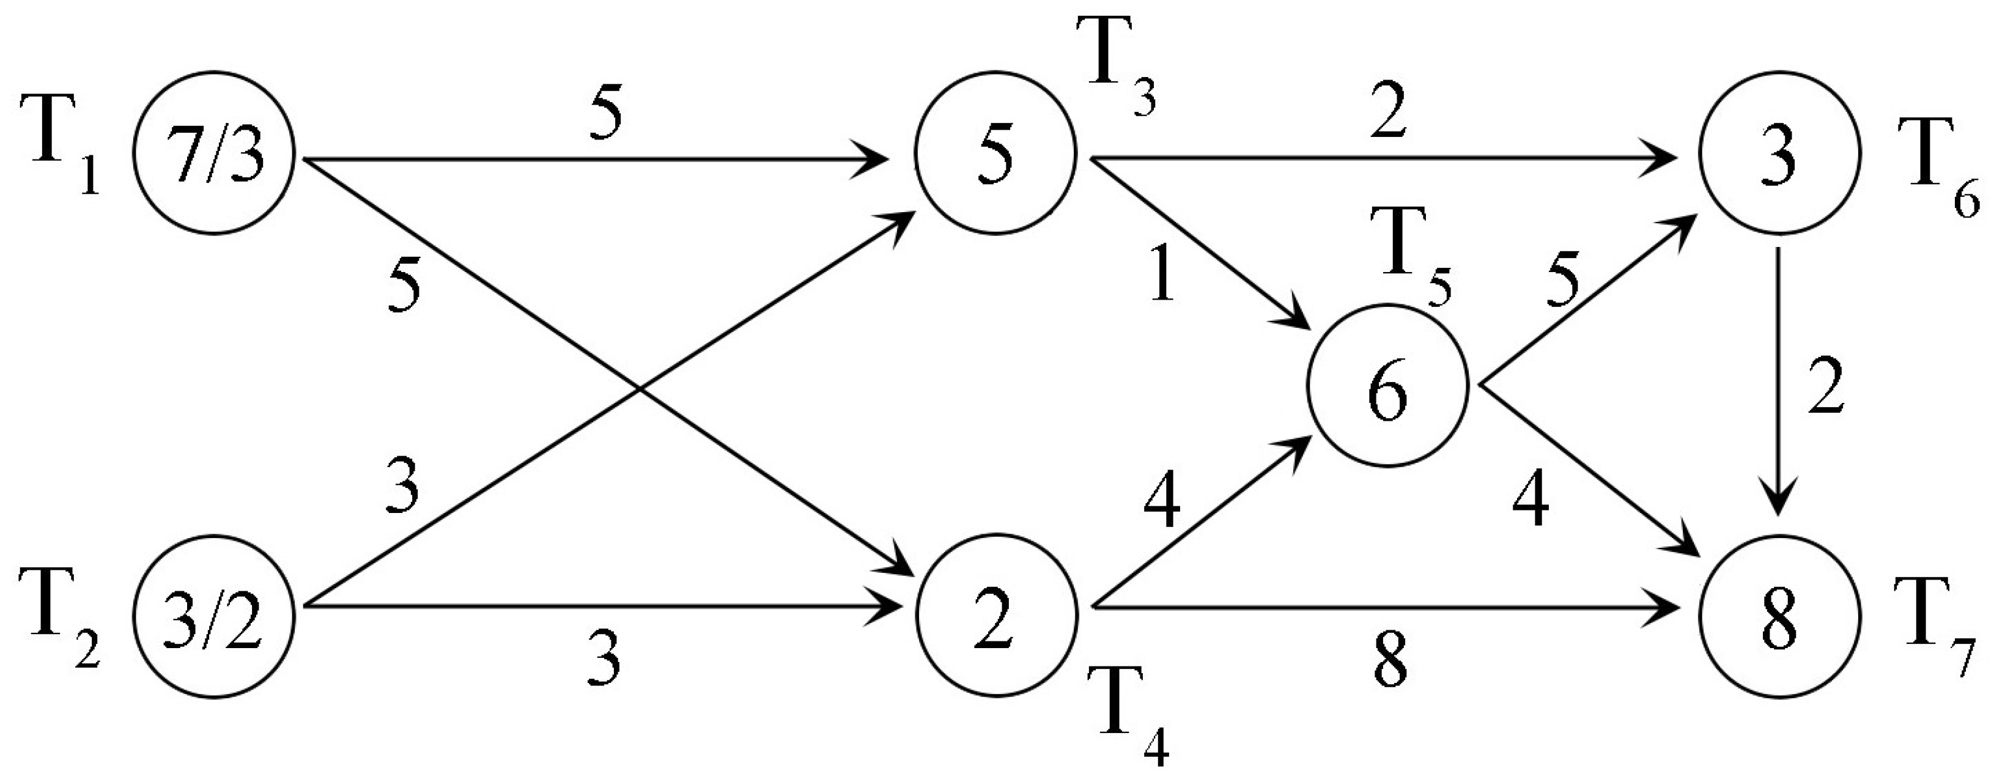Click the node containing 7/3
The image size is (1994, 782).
pyautogui.click(x=215, y=152)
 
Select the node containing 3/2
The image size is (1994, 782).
pyautogui.click(x=215, y=616)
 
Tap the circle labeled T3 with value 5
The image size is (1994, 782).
pyautogui.click(x=995, y=152)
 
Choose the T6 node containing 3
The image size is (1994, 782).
pyautogui.click(x=1779, y=152)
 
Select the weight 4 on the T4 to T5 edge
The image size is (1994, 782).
pyautogui.click(x=1161, y=503)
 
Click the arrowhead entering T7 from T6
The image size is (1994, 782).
pyautogui.click(x=1778, y=503)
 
